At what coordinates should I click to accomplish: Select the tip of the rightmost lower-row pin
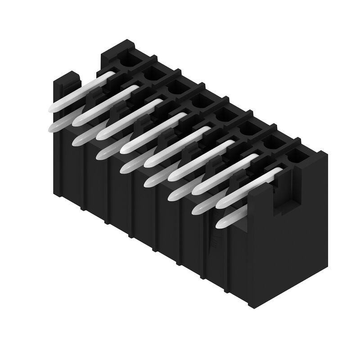tap(221, 223)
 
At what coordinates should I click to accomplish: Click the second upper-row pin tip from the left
tap(78, 120)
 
